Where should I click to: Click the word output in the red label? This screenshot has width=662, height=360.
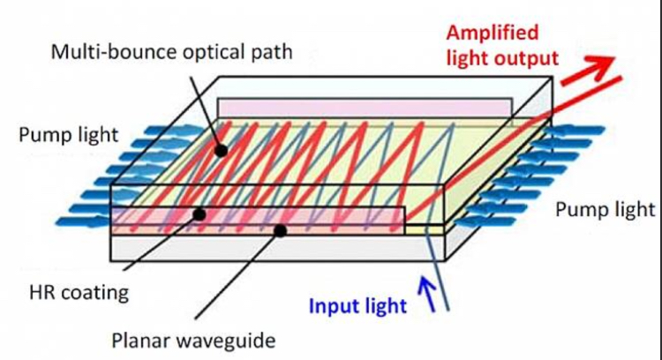[530, 59]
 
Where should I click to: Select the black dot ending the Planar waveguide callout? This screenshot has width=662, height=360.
[282, 231]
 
